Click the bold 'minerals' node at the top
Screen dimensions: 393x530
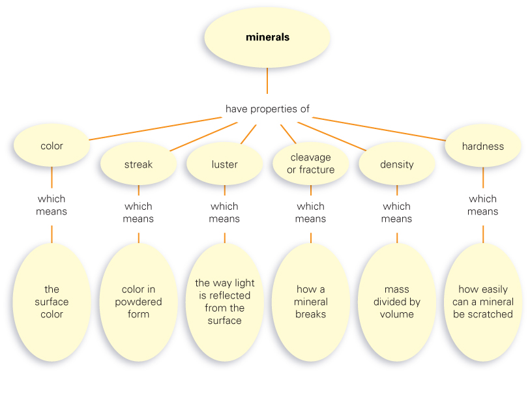tap(267, 37)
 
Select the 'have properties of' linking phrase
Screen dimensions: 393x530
tap(267, 109)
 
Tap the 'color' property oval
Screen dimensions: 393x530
tap(52, 146)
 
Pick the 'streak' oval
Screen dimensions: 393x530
tap(138, 164)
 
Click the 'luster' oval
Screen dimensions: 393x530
tap(224, 164)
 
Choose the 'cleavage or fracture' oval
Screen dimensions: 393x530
tap(311, 164)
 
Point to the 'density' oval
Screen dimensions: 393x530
tap(396, 164)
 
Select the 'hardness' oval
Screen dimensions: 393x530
tap(483, 146)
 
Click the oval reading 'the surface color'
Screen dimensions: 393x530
tap(52, 302)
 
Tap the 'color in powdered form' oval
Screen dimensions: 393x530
tap(138, 302)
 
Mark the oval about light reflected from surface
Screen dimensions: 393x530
tap(224, 302)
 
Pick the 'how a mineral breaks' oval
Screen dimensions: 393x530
tap(311, 302)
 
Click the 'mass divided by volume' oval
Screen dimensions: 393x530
tap(396, 302)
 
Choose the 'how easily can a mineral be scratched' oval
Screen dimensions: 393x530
tap(483, 302)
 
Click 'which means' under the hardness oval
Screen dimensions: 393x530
tap(483, 205)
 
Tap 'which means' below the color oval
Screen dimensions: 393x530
tap(52, 205)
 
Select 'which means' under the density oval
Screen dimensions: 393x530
tap(396, 212)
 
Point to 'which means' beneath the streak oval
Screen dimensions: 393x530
tap(138, 212)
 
